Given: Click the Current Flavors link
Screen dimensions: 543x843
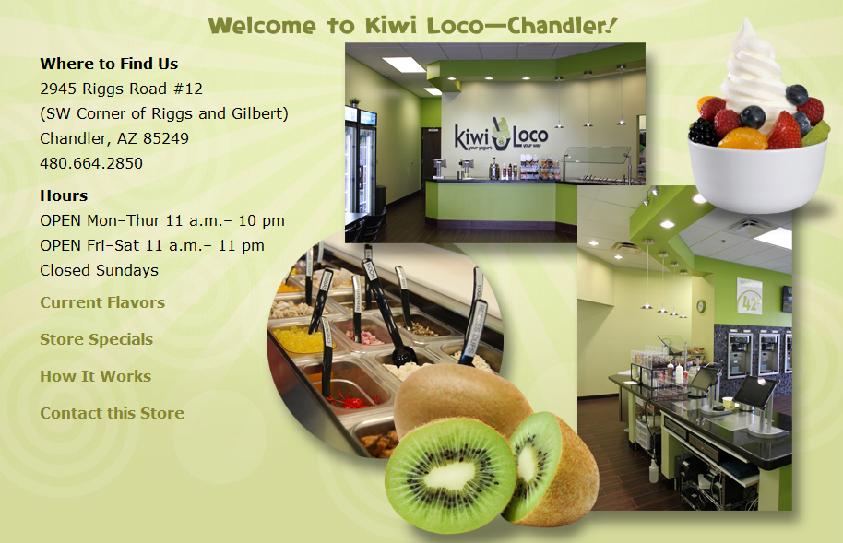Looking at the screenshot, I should coord(102,302).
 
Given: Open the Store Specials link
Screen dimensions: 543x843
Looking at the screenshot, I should coord(96,339).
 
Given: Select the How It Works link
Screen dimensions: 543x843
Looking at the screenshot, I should coord(95,376).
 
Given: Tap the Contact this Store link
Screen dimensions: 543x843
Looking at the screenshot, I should coord(112,413).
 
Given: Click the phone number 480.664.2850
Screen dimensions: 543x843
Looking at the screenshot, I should coord(91,163).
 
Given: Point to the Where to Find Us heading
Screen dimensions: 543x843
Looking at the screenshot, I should coord(109,64).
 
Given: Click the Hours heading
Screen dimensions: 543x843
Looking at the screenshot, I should coord(64,195).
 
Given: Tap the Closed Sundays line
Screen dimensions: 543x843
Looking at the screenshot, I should coord(99,270).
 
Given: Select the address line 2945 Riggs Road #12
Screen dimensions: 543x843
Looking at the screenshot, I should coord(121,89).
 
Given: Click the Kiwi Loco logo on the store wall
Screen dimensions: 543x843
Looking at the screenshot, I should coord(501,135).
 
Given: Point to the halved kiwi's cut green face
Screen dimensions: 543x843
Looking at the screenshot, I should coord(449,474).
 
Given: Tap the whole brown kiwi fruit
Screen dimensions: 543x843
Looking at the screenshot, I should coord(461,396).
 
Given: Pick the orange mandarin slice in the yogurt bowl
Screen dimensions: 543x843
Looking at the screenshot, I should coord(742,138).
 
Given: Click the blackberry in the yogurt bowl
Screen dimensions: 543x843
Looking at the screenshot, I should coord(703,133).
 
